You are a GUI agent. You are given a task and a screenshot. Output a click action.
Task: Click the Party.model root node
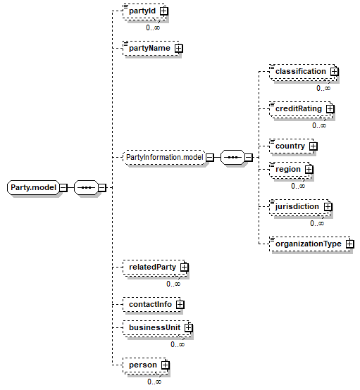(x=34, y=187)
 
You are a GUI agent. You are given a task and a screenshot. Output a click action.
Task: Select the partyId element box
(x=144, y=11)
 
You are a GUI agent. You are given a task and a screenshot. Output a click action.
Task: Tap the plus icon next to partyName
(x=178, y=49)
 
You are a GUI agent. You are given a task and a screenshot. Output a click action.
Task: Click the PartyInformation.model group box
(x=165, y=158)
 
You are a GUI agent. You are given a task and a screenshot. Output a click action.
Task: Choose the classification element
(x=303, y=72)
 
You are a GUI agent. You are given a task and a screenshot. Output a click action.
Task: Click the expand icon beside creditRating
(x=330, y=109)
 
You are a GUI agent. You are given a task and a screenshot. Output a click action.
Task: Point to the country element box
(x=292, y=146)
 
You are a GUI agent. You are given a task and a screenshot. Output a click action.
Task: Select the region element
(x=290, y=170)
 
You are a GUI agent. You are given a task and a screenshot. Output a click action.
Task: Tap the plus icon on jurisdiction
(x=328, y=207)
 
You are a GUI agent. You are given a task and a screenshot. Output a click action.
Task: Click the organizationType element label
(x=308, y=244)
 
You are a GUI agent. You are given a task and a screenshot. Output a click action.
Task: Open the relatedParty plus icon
(x=185, y=268)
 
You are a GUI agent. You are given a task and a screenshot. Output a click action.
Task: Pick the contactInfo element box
(x=151, y=305)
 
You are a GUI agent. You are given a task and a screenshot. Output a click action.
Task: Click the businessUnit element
(x=156, y=328)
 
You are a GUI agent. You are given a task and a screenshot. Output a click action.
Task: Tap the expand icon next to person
(x=166, y=365)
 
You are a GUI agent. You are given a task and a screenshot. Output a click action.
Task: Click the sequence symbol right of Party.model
(x=87, y=187)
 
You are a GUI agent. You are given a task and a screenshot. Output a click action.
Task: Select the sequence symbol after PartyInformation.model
(x=232, y=158)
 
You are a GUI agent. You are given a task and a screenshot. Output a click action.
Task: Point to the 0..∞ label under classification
(x=323, y=88)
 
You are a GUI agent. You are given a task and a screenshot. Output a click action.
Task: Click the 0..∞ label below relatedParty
(x=173, y=284)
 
